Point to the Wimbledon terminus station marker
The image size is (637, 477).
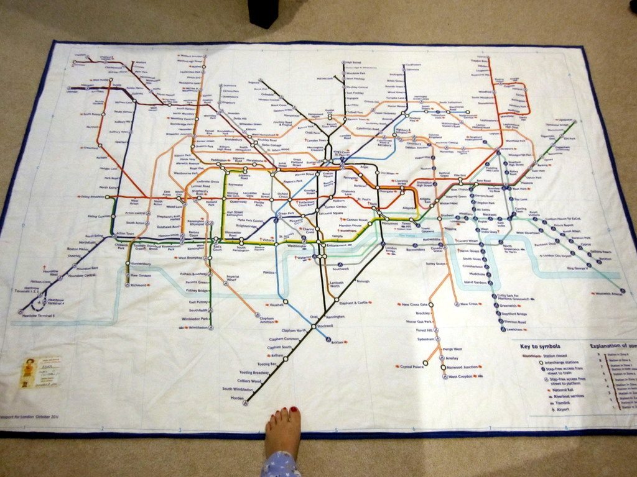click(x=211, y=327)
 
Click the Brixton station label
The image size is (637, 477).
click(x=338, y=342)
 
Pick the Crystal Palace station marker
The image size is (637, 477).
click(x=426, y=363)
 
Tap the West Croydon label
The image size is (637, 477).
click(x=461, y=376)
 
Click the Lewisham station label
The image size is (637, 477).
click(x=517, y=329)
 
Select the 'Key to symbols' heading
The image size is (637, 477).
click(x=540, y=346)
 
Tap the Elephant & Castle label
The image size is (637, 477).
click(x=355, y=302)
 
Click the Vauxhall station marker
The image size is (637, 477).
click(x=286, y=302)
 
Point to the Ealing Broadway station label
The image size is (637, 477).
click(x=93, y=197)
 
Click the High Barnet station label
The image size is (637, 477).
click(x=353, y=63)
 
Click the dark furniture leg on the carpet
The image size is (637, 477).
click(x=263, y=12)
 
